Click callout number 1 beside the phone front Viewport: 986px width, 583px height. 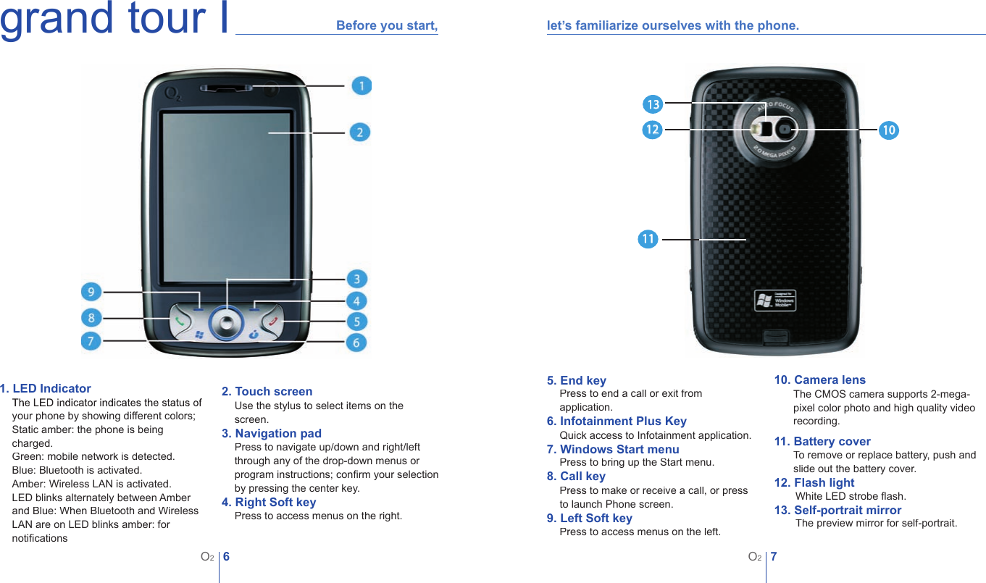362,85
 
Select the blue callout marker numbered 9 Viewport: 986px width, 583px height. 91,292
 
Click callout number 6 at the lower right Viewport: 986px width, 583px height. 356,342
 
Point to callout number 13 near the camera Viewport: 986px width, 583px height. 653,104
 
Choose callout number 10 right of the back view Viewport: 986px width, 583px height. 889,130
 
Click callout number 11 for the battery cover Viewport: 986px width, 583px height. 648,239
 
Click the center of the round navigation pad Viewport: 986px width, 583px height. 227,322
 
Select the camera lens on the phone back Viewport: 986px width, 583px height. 785,129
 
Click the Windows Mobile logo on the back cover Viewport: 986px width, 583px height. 774,301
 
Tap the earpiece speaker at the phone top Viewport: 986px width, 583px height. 227,88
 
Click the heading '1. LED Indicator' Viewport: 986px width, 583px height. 46,389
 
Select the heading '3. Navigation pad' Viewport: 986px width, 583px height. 271,434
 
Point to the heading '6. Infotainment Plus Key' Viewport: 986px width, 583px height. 617,421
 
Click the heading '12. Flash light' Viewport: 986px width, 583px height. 814,483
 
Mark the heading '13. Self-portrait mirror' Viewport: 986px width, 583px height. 837,511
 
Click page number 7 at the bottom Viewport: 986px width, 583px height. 774,557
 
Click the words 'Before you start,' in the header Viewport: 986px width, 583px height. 387,26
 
